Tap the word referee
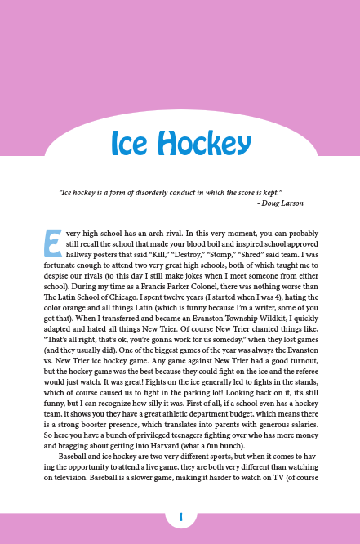pos(303,370)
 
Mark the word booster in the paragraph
pos(108,423)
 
